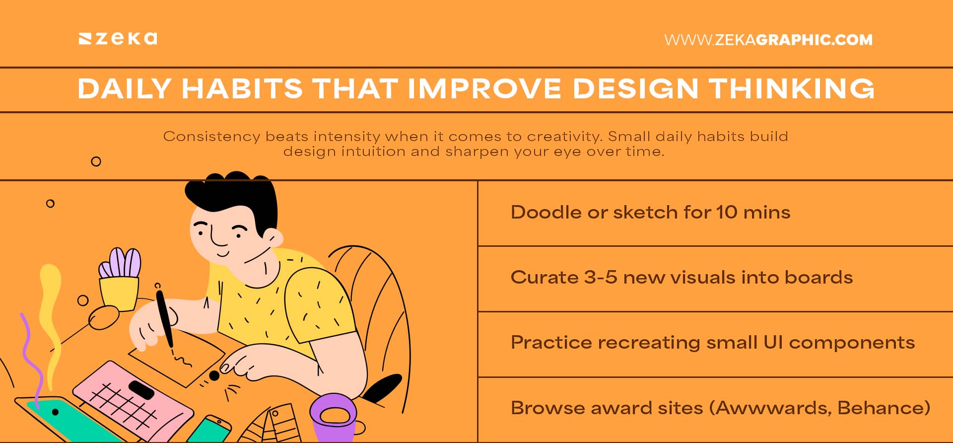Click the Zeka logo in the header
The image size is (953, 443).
pos(118,39)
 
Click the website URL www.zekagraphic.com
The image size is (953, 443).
pos(768,40)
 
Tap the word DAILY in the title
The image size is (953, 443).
pos(125,89)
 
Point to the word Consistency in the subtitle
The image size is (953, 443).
pos(211,137)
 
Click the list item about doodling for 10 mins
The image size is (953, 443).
pos(650,213)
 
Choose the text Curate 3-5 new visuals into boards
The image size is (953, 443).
pos(681,278)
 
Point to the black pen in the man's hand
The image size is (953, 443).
pos(164,318)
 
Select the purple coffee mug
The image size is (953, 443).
pos(333,417)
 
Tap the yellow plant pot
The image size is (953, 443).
pos(119,293)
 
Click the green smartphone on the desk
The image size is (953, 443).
pos(209,430)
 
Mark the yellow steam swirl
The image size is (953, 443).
pos(51,318)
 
